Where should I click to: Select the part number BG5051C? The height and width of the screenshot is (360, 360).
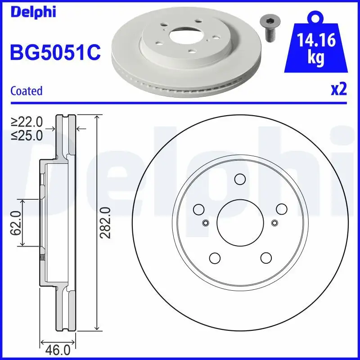pyautogui.click(x=55, y=53)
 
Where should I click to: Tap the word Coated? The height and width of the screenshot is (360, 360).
pyautogui.click(x=26, y=90)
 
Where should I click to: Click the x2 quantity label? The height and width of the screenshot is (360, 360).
pyautogui.click(x=338, y=90)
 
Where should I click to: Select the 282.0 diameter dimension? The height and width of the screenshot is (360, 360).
pyautogui.click(x=105, y=222)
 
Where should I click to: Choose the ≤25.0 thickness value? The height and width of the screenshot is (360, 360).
pyautogui.click(x=27, y=135)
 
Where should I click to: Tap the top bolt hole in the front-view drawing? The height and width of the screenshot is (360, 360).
pyautogui.click(x=240, y=180)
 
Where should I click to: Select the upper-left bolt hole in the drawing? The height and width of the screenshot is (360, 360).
pyautogui.click(x=198, y=209)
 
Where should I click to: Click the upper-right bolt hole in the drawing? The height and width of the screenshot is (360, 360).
pyautogui.click(x=281, y=209)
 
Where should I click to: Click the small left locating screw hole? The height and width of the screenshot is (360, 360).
pyautogui.click(x=206, y=222)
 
